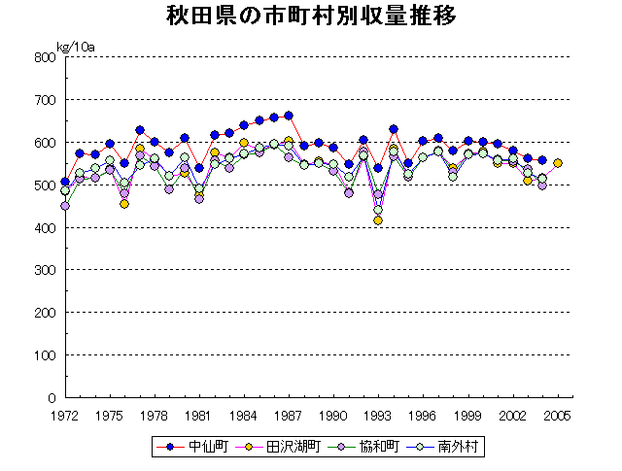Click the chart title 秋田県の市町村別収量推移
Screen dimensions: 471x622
(x=310, y=17)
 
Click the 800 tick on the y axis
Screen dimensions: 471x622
(x=46, y=56)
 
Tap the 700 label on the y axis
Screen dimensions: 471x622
(x=46, y=99)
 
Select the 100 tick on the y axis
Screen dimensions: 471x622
(x=46, y=355)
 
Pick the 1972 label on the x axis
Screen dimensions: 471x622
(x=65, y=416)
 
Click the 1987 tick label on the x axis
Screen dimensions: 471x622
(x=289, y=416)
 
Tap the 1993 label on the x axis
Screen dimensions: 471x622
(x=378, y=416)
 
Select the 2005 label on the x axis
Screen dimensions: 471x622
(x=557, y=416)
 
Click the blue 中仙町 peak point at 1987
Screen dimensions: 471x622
(x=289, y=116)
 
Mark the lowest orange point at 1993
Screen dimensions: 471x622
(x=378, y=220)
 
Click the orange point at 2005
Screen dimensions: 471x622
(x=558, y=163)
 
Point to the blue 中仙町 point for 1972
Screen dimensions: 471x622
(x=65, y=182)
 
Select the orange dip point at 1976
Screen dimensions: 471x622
(x=124, y=204)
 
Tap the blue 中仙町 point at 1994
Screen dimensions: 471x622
(x=394, y=129)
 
